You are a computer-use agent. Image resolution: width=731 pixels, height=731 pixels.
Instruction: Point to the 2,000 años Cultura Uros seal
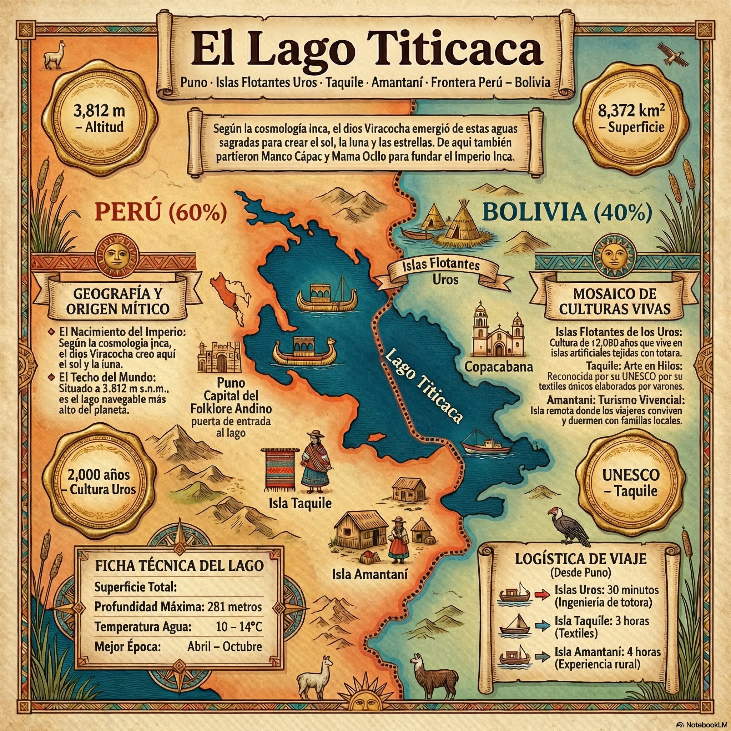pyautogui.click(x=100, y=483)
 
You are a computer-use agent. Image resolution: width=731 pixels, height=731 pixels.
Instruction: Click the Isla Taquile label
pyautogui.click(x=300, y=503)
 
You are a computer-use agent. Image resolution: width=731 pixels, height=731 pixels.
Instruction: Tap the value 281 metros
pyautogui.click(x=233, y=606)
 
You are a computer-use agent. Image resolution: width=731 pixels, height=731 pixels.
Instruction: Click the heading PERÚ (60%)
pyautogui.click(x=160, y=213)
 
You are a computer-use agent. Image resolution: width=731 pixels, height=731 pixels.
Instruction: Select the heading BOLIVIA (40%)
pyautogui.click(x=568, y=213)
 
